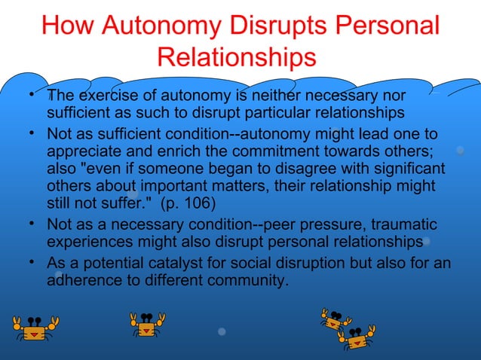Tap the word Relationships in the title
(237, 58)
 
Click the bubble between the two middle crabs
(222, 331)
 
